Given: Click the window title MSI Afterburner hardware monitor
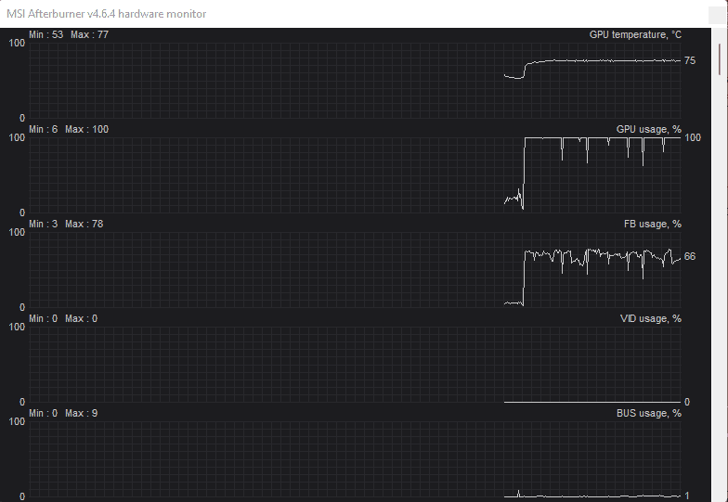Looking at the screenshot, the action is (106, 14).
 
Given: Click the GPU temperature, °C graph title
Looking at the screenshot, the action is (635, 35).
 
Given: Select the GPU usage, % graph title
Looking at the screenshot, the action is (648, 130).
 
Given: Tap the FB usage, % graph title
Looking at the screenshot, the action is (652, 225).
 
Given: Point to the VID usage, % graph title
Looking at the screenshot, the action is (650, 319).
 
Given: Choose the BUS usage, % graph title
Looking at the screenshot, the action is (648, 414).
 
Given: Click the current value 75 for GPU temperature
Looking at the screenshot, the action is (690, 61).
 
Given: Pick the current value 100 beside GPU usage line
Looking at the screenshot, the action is (693, 137).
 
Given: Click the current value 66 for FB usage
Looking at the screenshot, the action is (690, 256).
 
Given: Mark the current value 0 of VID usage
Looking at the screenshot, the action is (687, 403).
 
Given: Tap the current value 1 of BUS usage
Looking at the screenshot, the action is (687, 496).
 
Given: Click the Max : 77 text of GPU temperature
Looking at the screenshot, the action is (89, 35).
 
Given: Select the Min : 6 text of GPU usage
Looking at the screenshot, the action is (43, 130).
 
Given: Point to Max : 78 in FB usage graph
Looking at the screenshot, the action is (84, 225).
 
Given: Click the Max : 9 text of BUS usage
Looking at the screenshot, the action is (82, 414).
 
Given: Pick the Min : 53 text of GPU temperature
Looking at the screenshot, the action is (46, 35).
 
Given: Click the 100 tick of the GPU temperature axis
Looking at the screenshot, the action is (17, 43).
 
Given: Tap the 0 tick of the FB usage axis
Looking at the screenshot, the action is (22, 308).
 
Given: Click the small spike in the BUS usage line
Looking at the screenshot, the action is (518, 493).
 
